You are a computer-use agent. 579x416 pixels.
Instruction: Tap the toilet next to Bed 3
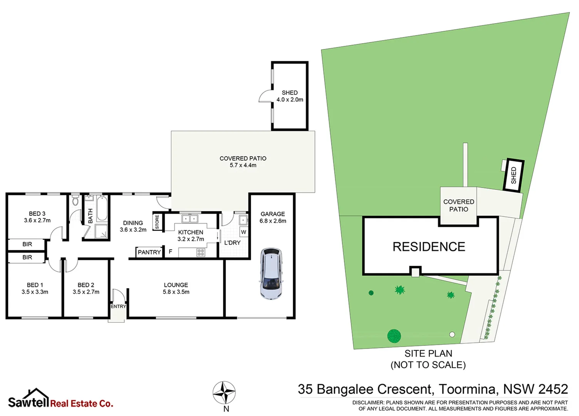[x=76, y=201]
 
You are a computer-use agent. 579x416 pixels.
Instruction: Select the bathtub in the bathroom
[x=102, y=208]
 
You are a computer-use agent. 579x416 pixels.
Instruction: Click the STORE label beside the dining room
[x=157, y=222]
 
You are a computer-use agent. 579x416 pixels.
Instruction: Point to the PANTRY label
[x=149, y=252]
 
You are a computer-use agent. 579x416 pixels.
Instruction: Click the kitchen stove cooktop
[x=201, y=252]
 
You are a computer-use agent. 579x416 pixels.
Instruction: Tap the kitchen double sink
[x=190, y=219]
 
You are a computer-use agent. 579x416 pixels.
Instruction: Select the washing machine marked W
[x=243, y=232]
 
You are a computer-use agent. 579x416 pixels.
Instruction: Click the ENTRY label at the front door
[x=118, y=306]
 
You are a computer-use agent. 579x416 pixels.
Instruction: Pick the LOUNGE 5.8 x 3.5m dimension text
[x=176, y=292]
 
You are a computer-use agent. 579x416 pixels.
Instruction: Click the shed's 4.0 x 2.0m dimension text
[x=290, y=99]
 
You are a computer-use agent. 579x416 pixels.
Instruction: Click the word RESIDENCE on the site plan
[x=429, y=247]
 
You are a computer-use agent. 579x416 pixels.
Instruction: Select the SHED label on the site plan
[x=514, y=175]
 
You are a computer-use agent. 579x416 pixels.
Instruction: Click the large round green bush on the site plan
[x=394, y=336]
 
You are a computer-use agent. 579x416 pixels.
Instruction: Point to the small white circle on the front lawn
[x=452, y=334]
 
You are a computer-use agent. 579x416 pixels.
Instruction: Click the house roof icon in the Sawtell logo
[x=36, y=394]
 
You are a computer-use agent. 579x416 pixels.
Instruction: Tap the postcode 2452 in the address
[x=553, y=389]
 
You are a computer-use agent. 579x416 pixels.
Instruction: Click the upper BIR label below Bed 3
[x=27, y=244]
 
